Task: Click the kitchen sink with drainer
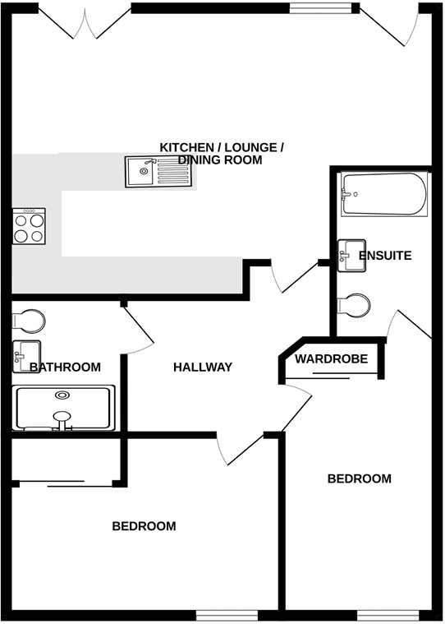pyautogui.click(x=158, y=172)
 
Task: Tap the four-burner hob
pyautogui.click(x=29, y=226)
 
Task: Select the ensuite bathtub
pyautogui.click(x=384, y=195)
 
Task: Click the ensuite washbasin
pyautogui.click(x=352, y=255)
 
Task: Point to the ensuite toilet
pyautogui.click(x=356, y=305)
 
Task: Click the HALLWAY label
pyautogui.click(x=203, y=367)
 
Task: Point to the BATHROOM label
pyautogui.click(x=66, y=367)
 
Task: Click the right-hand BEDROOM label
pyautogui.click(x=360, y=478)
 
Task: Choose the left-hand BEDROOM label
pyautogui.click(x=144, y=526)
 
